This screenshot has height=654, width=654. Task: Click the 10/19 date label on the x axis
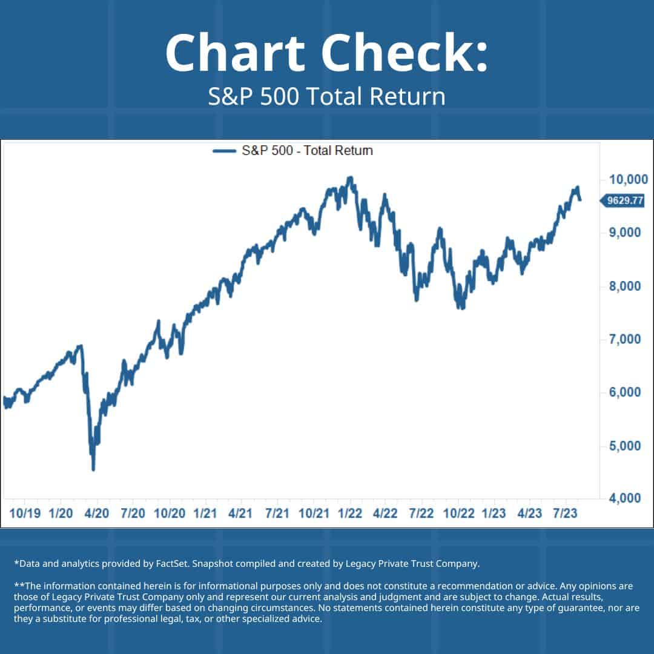point(25,514)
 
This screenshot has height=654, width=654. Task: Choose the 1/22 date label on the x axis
point(350,514)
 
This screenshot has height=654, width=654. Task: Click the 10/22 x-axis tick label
point(458,514)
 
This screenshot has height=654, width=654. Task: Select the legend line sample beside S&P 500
point(224,151)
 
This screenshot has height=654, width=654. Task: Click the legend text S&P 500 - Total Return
point(307,151)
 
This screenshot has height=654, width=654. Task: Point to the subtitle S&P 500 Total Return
point(326,97)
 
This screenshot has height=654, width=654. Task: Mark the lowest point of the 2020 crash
point(93,469)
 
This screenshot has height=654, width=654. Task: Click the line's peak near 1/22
point(349,177)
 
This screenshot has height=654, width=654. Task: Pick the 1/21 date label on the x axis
point(205,514)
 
